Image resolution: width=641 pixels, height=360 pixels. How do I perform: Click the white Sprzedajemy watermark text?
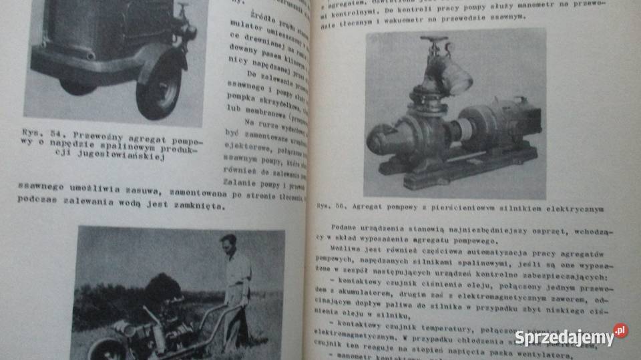[564, 337]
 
